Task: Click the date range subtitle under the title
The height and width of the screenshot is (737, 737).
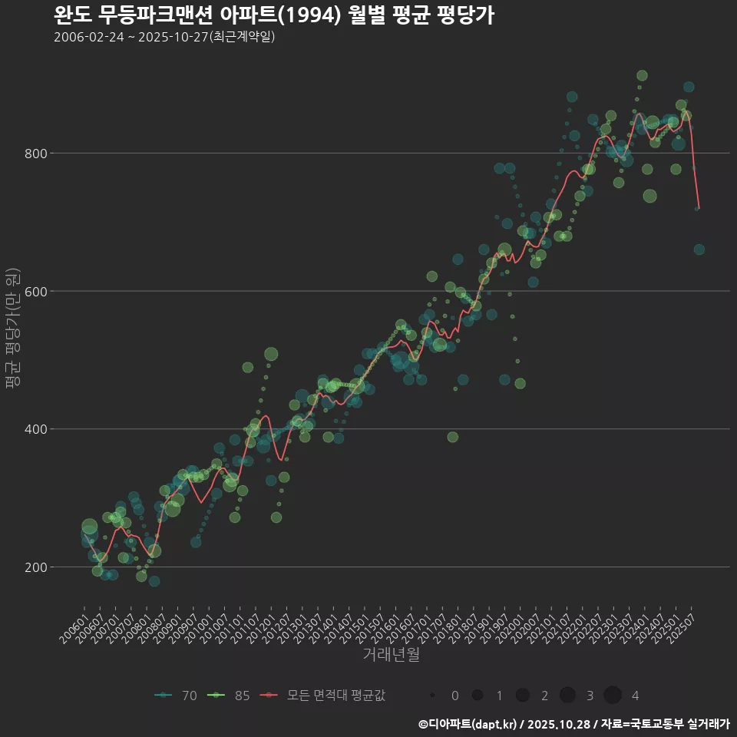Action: (164, 37)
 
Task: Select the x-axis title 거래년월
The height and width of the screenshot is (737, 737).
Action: (391, 655)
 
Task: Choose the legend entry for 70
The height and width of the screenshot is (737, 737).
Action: (176, 696)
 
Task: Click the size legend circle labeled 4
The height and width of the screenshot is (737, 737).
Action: (612, 696)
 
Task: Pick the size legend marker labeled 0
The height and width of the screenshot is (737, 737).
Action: (433, 696)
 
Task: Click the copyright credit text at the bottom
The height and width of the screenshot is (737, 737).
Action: (574, 724)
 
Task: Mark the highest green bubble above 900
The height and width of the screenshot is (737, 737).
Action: (642, 75)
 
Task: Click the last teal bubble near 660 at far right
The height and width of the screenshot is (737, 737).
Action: (699, 250)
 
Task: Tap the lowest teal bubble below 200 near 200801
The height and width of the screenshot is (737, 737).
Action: (154, 581)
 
